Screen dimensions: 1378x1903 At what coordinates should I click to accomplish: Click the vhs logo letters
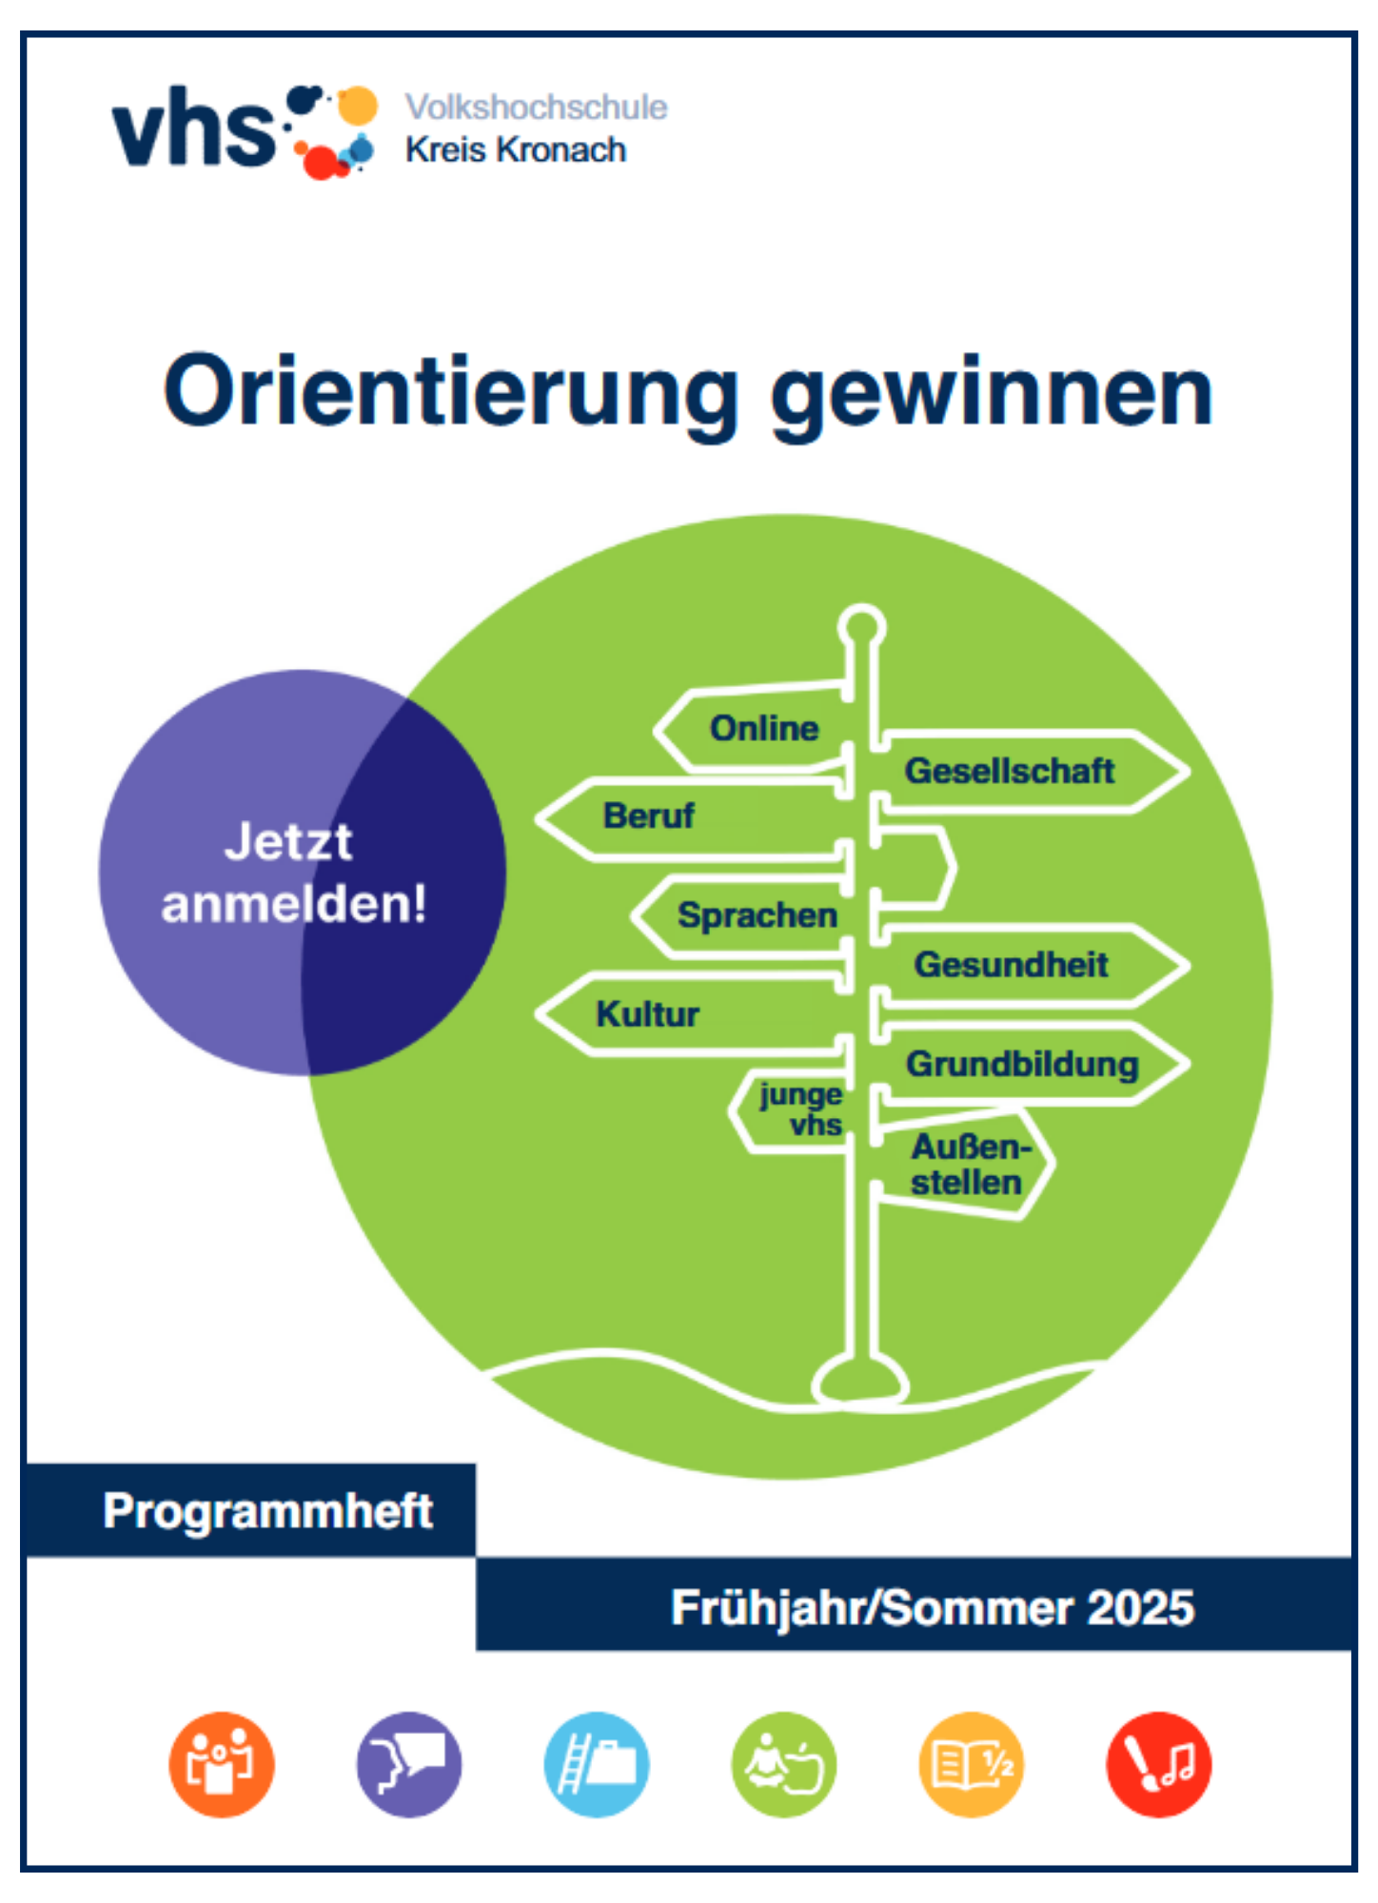[194, 128]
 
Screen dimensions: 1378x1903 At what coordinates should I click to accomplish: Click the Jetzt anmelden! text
[293, 873]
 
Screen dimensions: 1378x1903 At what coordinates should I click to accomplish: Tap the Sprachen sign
[742, 915]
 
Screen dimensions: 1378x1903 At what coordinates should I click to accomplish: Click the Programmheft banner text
[267, 1511]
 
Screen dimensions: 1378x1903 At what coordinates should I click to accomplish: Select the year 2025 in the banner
[1140, 1607]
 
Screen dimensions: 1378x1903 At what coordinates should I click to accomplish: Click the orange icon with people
[222, 1764]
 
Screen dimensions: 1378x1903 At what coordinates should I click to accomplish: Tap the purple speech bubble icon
[409, 1764]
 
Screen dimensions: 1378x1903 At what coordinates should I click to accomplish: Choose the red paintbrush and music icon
[1159, 1764]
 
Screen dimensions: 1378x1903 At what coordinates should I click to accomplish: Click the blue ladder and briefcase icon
[597, 1764]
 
